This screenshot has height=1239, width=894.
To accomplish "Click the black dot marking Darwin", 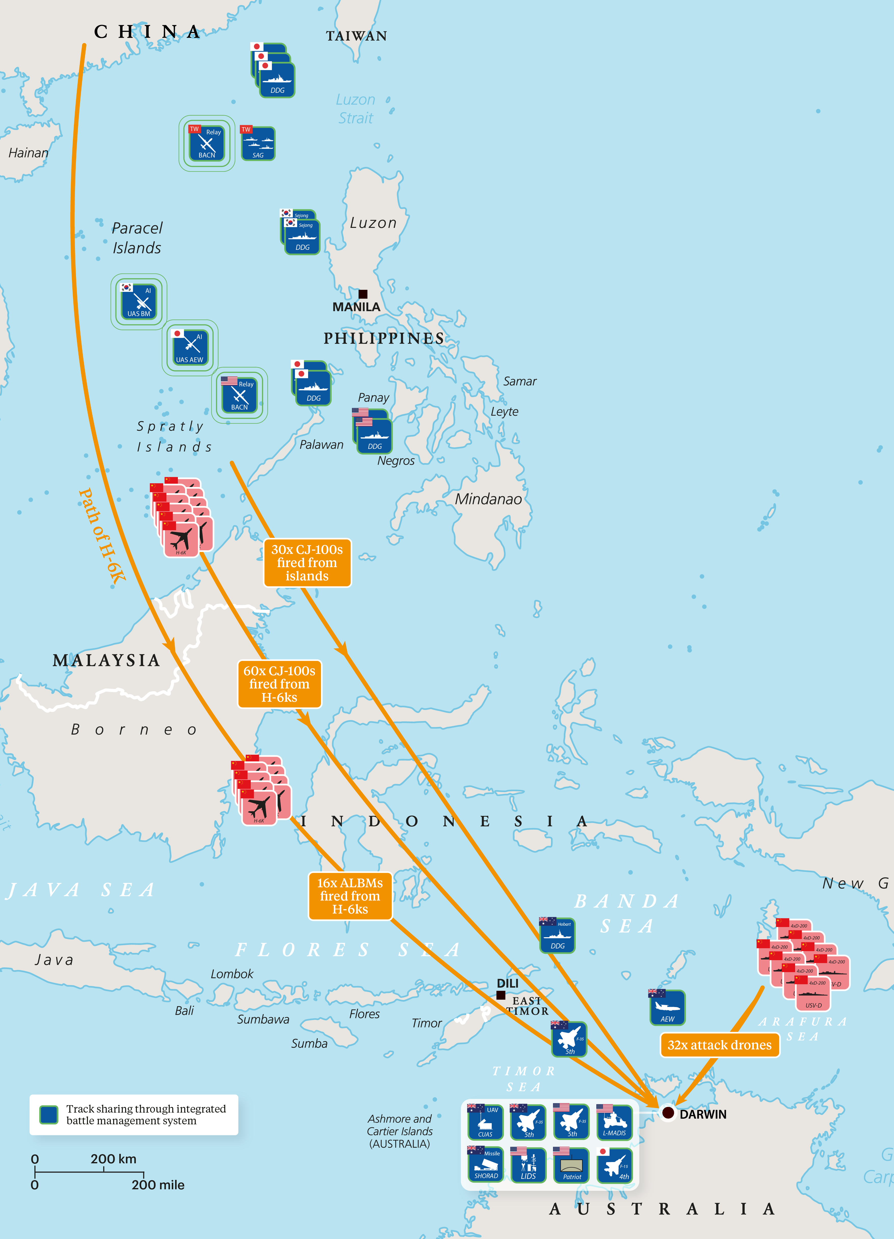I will click(x=667, y=1112).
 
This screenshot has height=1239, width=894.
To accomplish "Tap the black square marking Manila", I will click(x=363, y=294).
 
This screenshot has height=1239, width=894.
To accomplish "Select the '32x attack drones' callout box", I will click(x=719, y=1045).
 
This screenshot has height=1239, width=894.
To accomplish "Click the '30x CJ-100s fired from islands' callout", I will click(x=307, y=563).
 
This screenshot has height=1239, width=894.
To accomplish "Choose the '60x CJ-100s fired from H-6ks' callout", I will click(x=279, y=684).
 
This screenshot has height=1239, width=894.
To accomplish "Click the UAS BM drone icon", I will click(x=139, y=302).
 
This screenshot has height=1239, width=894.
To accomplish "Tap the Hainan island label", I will click(x=28, y=153).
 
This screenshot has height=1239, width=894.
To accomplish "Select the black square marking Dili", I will click(x=500, y=995).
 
